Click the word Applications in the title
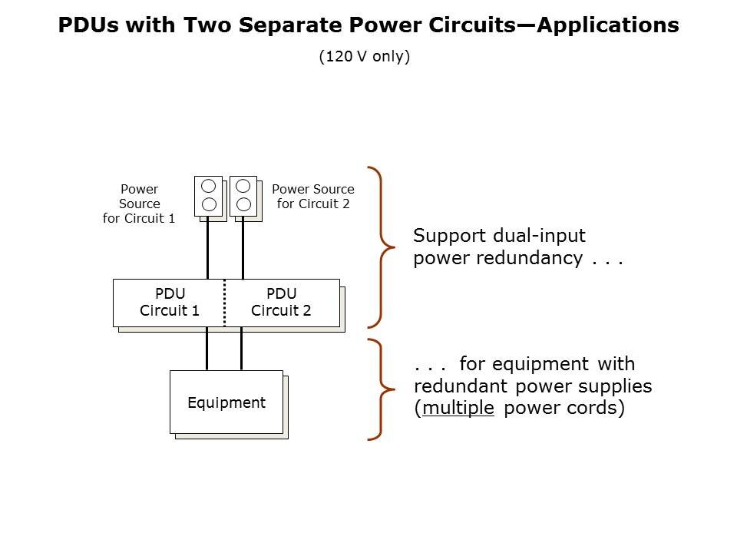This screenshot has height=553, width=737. pos(608,25)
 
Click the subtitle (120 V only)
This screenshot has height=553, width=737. pos(365,57)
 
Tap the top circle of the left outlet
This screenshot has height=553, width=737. pos(208,187)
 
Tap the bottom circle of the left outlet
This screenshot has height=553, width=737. pos(208,204)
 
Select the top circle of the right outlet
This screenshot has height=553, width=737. pos(243,186)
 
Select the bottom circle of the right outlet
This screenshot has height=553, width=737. pos(243,204)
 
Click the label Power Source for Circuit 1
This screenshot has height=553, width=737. pos(139,204)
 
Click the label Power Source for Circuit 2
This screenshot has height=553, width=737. pos(313,196)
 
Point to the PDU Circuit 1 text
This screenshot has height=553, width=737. pos(170,302)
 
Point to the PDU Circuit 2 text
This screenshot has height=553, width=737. pos(281,302)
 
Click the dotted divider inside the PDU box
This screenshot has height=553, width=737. pos(225,303)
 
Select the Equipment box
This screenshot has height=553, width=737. pos(226,402)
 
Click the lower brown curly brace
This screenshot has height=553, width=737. pos(380,389)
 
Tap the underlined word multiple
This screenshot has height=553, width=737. pos(458,409)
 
